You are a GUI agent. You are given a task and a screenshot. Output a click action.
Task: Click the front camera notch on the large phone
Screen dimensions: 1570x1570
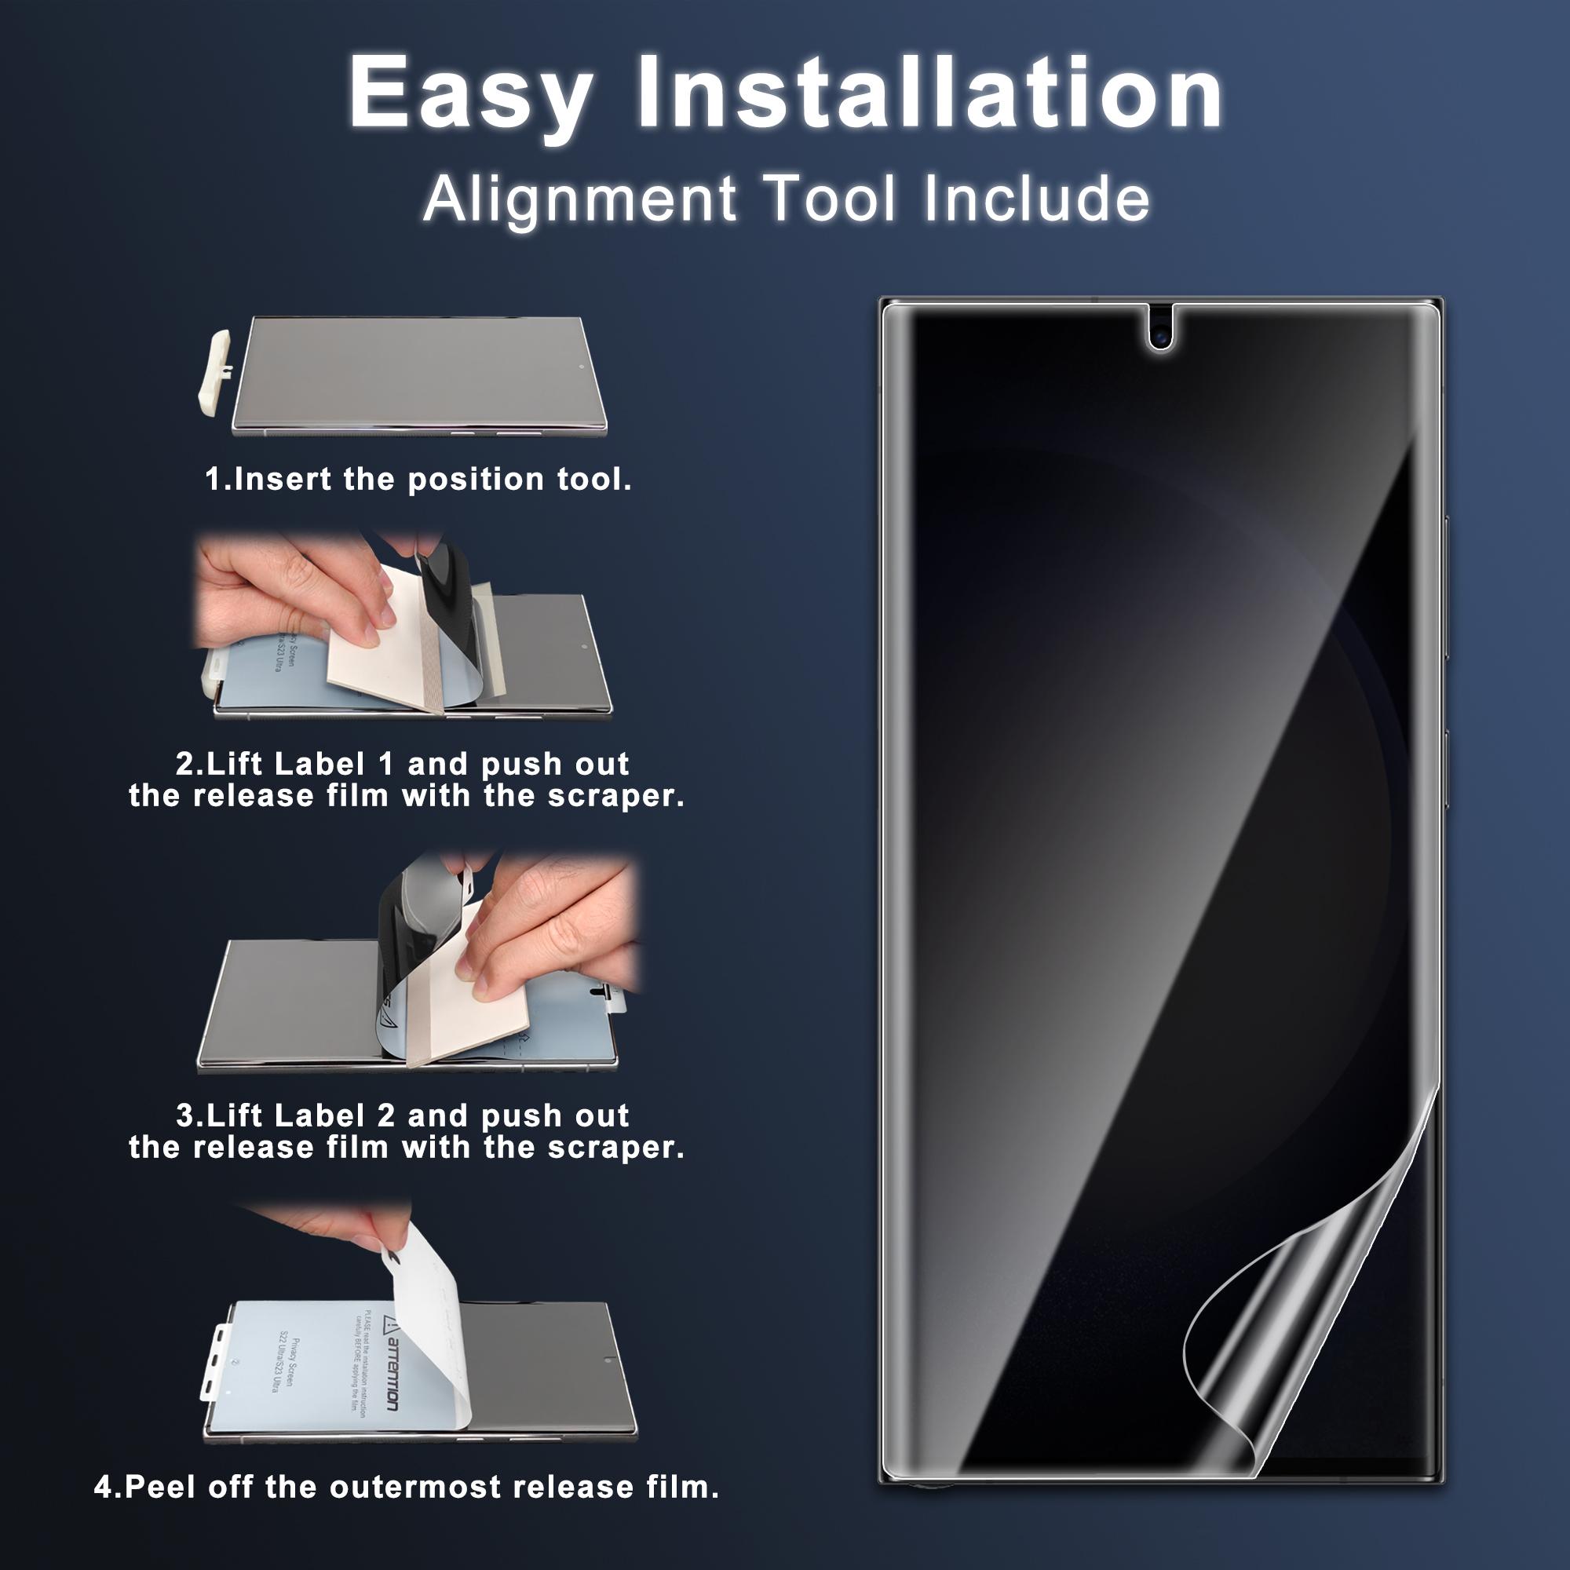click(1161, 331)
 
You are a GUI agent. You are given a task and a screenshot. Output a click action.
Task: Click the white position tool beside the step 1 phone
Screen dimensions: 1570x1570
click(213, 373)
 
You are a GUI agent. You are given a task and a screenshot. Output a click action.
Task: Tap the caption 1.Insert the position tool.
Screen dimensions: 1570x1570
click(418, 480)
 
